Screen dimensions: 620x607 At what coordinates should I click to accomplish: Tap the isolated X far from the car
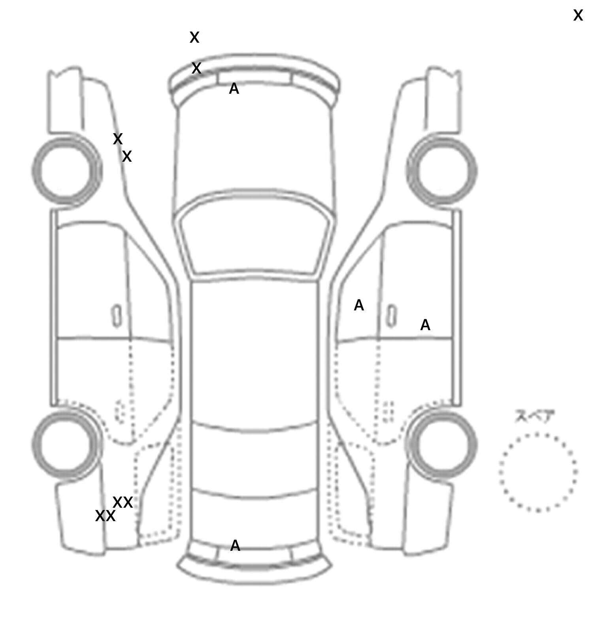[x=578, y=16]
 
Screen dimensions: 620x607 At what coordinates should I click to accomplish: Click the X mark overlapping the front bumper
[x=196, y=68]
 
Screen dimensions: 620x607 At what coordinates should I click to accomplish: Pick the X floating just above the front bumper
[x=194, y=38]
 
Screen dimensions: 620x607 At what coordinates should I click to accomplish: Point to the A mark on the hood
[x=234, y=89]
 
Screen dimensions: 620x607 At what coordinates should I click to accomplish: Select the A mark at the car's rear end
[x=235, y=546]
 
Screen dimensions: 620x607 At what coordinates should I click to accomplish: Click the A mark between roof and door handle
[x=358, y=305]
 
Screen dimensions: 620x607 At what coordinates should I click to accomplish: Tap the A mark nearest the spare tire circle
[x=425, y=325]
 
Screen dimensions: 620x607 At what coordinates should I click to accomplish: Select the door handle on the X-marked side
[x=117, y=316]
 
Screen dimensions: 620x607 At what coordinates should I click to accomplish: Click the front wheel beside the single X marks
[x=66, y=170]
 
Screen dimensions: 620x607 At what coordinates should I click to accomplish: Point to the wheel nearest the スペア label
[x=442, y=444]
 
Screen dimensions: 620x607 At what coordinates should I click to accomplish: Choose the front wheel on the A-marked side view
[x=442, y=170]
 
